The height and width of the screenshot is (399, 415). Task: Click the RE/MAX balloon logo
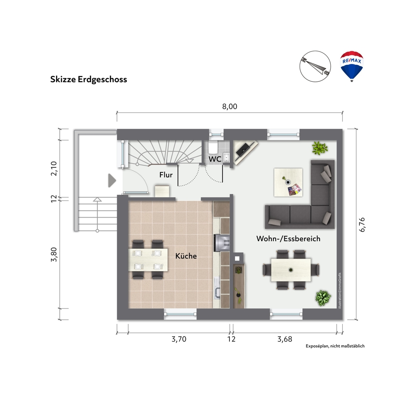coord(352,66)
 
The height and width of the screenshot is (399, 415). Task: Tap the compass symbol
coord(315,66)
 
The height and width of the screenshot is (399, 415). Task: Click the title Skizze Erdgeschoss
coord(89,79)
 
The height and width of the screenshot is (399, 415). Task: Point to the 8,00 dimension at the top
coord(229,106)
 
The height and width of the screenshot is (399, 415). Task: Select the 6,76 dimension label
coord(362,225)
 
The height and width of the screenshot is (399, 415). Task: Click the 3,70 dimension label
coord(179,339)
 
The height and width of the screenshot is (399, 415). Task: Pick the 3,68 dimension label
coord(285,339)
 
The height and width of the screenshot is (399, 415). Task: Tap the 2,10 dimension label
coord(54,168)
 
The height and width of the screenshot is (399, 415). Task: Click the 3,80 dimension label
coord(54,255)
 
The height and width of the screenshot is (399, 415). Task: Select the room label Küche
coord(186,256)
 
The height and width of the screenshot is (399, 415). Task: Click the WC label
coord(215,159)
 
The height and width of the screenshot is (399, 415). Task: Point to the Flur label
coord(166,175)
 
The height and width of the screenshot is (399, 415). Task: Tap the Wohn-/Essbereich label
coord(288,239)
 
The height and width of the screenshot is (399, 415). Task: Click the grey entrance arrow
coord(112,181)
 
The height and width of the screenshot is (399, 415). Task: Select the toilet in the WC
coord(213,147)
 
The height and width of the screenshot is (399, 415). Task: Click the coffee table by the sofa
coord(288,182)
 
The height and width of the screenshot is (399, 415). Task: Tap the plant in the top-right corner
coord(320,148)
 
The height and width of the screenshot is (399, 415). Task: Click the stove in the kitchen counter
coord(222,242)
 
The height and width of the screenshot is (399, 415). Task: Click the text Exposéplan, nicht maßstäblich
coord(335,346)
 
